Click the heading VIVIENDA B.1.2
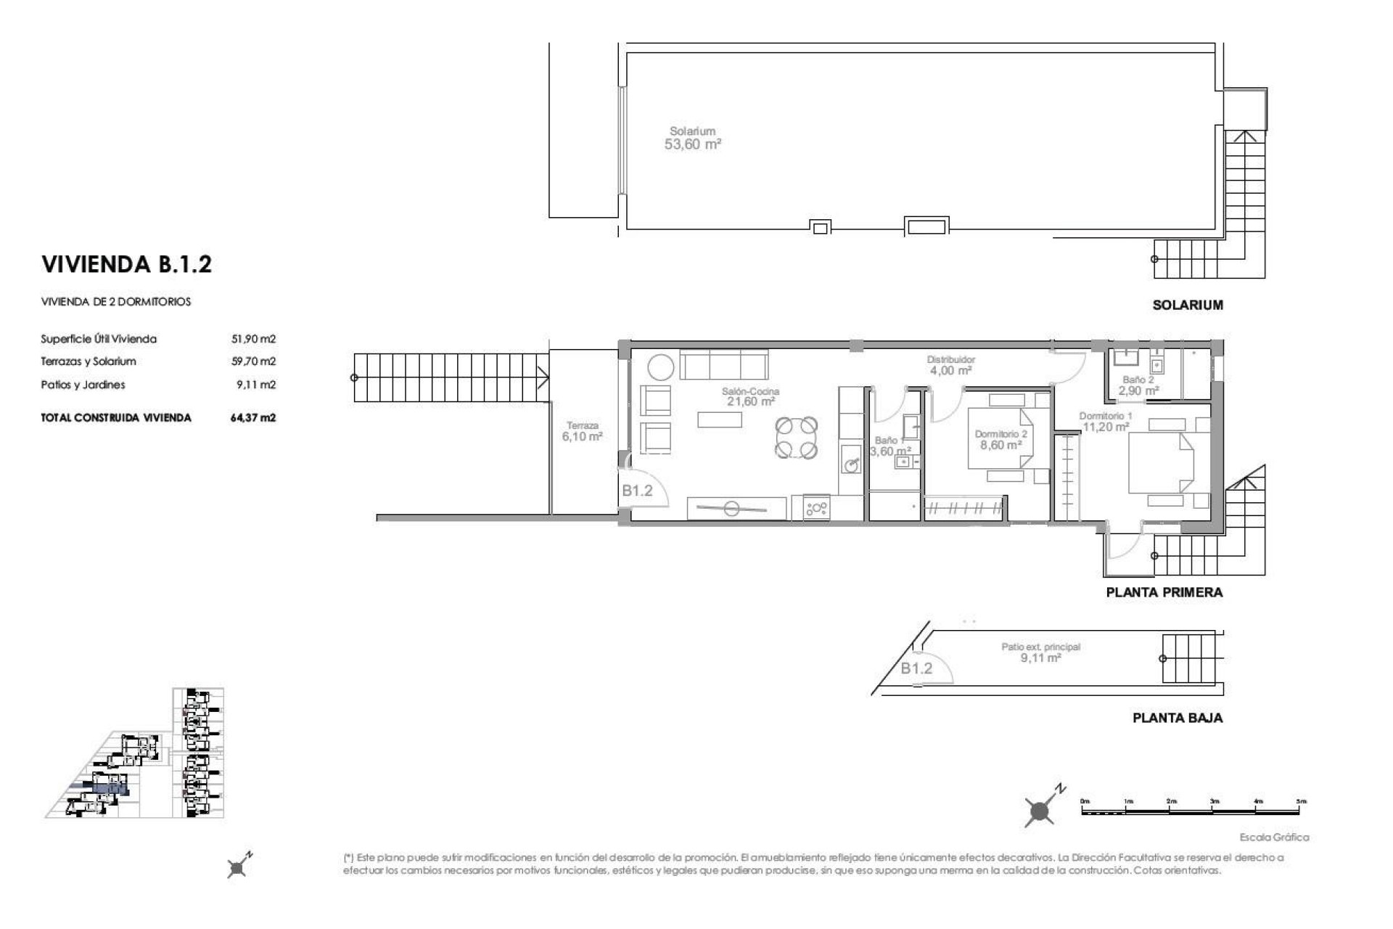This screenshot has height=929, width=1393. (x=127, y=264)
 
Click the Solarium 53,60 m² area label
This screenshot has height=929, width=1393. (x=692, y=138)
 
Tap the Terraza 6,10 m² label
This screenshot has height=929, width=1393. (x=582, y=432)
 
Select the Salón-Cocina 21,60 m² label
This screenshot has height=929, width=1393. (x=750, y=396)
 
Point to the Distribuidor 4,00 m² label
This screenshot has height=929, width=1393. (x=950, y=365)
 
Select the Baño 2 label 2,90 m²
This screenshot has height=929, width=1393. (x=1138, y=385)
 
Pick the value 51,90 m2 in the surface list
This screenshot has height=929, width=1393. (x=253, y=339)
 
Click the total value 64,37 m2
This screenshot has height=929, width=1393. (x=253, y=417)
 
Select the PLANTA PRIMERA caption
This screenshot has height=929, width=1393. (x=1164, y=592)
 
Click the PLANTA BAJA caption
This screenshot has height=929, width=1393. (x=1177, y=718)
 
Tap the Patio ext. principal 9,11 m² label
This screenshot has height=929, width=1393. (x=1040, y=652)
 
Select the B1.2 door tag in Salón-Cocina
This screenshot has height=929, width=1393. (x=637, y=491)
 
